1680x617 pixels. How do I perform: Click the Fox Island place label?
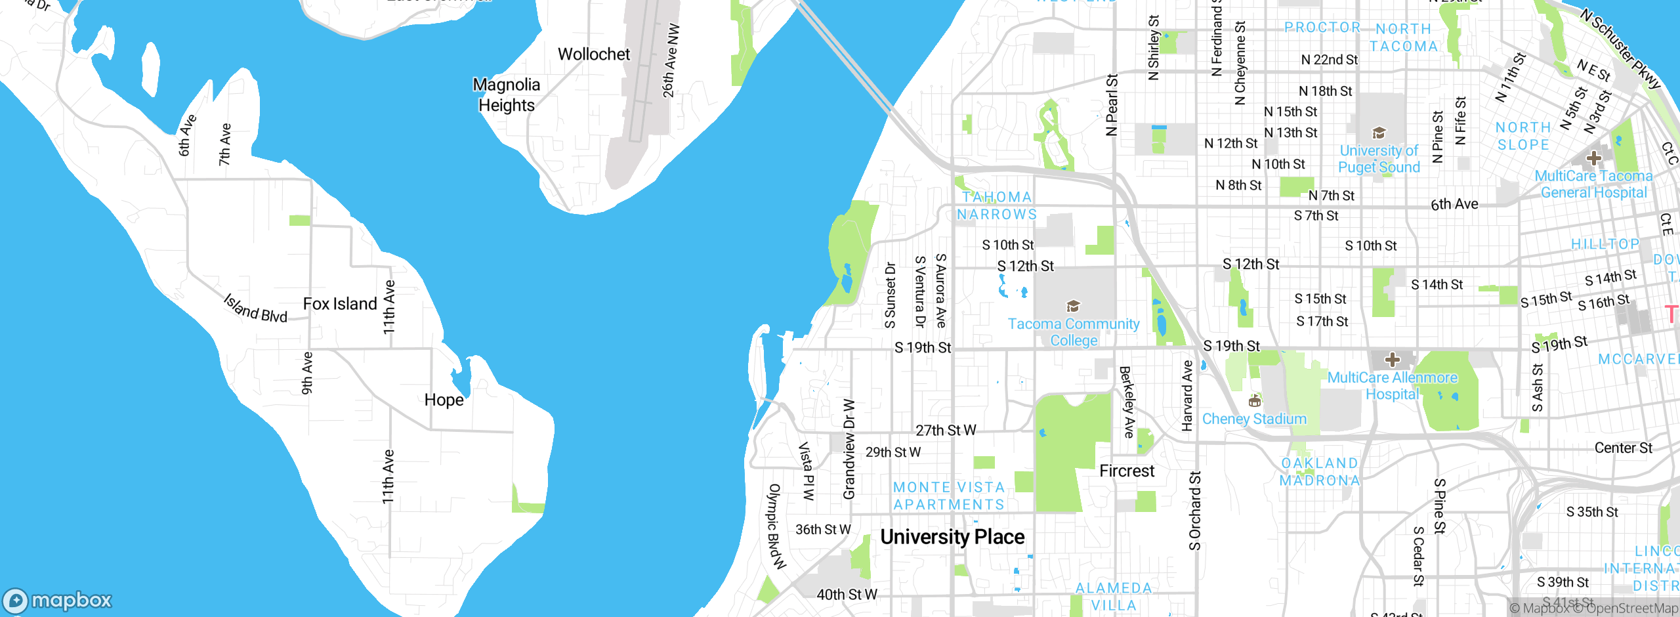coord(340,304)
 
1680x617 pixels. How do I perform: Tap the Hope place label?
coord(444,400)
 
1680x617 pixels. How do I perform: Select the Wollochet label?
coord(593,54)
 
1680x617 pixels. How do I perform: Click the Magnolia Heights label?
coord(506,95)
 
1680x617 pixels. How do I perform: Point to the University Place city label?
coord(952,537)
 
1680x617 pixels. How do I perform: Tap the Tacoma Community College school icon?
coord(1073,306)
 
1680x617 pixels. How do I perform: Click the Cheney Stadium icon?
coord(1254,400)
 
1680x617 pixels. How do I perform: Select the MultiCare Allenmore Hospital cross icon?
coord(1392,360)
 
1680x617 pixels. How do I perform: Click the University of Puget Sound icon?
coord(1379,133)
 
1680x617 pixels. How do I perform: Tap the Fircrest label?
coord(1126,471)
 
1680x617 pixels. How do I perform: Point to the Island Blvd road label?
coord(255,308)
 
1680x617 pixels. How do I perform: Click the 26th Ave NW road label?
coord(670,61)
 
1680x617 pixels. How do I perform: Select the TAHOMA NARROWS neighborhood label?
coord(997,205)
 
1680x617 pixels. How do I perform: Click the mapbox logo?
coord(58,601)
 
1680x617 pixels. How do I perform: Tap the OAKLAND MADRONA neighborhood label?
coord(1319,472)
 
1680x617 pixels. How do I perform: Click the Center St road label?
coord(1623,448)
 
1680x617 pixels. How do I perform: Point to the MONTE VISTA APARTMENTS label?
coord(949,496)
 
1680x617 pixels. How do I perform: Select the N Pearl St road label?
coord(1111,105)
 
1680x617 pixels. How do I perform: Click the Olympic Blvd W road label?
coord(776,526)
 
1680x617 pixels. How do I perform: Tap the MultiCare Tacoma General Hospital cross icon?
coord(1593,158)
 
